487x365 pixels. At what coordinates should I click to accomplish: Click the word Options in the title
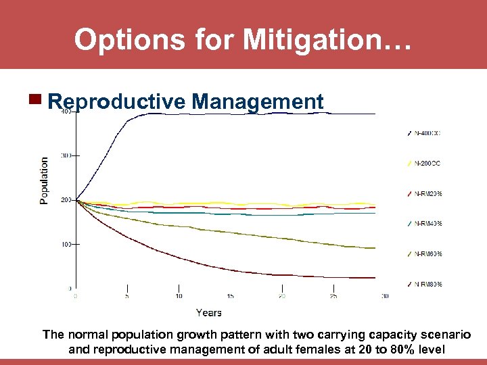(119, 40)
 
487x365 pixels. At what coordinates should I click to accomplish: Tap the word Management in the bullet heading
(258, 102)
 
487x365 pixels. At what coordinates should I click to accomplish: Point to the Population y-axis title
(45, 180)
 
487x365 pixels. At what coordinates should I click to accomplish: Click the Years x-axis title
(209, 312)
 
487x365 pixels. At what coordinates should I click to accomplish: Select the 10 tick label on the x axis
(179, 296)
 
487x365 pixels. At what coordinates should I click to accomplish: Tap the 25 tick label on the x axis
(333, 296)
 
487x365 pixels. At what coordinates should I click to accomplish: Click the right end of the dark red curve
(374, 278)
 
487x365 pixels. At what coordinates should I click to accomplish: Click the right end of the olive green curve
(374, 248)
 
